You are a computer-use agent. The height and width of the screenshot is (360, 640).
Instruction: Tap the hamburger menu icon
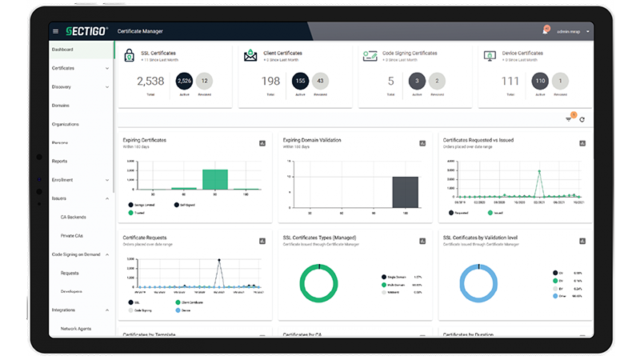tap(55, 31)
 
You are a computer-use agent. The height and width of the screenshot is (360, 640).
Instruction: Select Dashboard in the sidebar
tap(63, 50)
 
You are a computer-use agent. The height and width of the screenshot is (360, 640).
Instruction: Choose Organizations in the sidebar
tap(66, 124)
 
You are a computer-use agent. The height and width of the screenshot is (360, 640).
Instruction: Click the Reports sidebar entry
tap(60, 161)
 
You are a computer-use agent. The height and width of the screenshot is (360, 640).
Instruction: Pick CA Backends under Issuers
tap(73, 217)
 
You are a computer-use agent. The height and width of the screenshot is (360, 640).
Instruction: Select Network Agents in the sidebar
tap(75, 328)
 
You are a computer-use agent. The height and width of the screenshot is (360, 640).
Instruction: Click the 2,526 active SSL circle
tap(184, 81)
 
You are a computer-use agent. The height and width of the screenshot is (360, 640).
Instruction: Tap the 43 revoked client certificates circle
tap(321, 81)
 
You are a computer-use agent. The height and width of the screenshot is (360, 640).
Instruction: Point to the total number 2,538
tap(150, 81)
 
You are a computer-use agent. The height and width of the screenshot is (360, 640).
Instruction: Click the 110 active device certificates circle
tap(540, 81)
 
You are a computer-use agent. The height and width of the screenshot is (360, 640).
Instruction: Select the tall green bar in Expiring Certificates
tap(214, 179)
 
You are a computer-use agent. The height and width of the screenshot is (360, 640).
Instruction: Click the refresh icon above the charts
tap(582, 120)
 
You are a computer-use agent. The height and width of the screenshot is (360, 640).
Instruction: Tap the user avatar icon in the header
tap(546, 30)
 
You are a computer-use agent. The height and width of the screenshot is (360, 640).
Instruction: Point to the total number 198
tap(271, 81)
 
